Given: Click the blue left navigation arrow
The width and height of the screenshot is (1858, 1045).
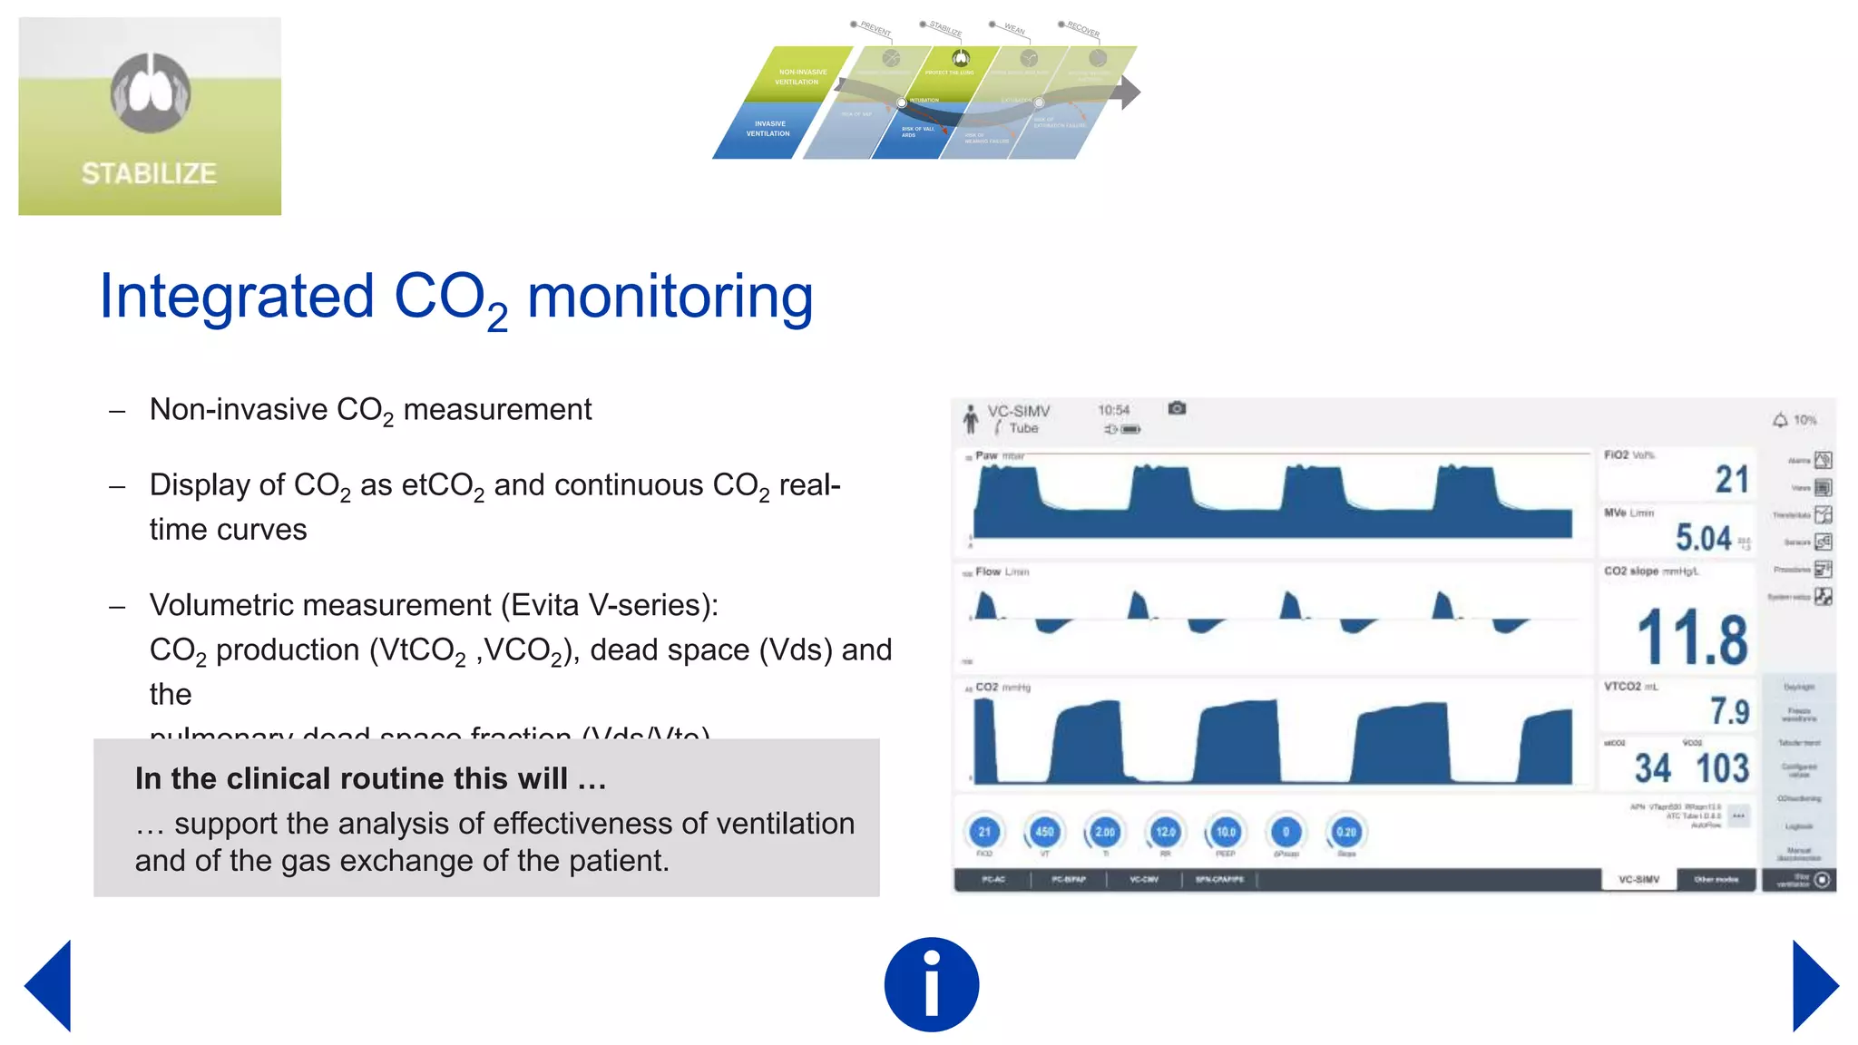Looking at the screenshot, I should (50, 986).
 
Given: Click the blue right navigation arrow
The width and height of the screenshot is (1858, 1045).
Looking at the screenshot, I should (1814, 986).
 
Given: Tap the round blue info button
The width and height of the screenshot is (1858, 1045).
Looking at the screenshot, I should (931, 984).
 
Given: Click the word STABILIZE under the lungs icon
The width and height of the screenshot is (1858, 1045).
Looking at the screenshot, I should (149, 173).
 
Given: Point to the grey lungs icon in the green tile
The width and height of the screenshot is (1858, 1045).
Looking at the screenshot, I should (151, 92).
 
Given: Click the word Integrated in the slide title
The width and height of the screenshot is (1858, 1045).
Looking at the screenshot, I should (237, 297).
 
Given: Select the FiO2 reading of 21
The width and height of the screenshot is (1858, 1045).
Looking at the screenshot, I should (1731, 479).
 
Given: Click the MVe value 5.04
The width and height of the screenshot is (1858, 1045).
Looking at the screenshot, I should (1703, 538).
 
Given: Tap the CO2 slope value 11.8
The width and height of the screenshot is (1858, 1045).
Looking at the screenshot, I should (1692, 638).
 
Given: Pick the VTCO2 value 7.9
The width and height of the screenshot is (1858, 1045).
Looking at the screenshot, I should (1729, 711).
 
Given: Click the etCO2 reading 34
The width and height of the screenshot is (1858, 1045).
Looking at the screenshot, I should (1652, 769).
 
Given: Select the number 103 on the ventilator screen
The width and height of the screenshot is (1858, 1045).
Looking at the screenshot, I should (1722, 769).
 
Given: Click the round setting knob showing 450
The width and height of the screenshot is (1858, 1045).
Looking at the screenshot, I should (1044, 832).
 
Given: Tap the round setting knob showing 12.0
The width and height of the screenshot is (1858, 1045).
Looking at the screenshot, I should (1165, 832).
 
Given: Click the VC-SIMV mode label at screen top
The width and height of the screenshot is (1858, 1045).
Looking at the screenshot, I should (1018, 411).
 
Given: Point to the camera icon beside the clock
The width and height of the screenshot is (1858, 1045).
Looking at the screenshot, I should (1177, 408).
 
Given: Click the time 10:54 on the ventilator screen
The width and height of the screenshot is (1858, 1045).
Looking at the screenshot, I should (1113, 410).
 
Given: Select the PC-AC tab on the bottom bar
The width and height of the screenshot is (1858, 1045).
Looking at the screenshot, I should (993, 879).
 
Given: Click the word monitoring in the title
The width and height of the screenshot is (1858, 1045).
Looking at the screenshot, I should (670, 297).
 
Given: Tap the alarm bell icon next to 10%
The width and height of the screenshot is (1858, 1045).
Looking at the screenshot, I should (1780, 420).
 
